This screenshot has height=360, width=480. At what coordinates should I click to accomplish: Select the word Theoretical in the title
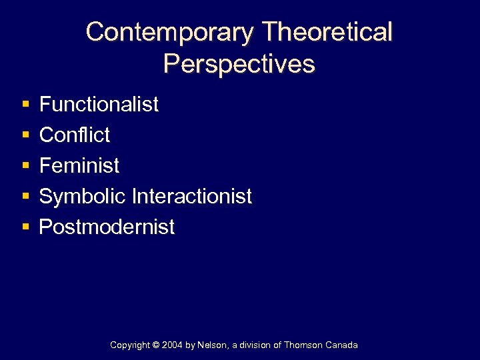point(327,32)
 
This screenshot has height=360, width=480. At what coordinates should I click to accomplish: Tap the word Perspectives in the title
point(239,64)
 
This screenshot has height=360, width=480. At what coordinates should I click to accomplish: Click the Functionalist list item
point(99,104)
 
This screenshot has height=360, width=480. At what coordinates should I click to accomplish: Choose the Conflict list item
point(75,135)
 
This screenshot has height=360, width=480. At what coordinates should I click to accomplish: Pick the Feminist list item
point(79,165)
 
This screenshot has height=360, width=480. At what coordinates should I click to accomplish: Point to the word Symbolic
point(83,196)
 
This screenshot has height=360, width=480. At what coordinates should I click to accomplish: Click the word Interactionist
point(192,196)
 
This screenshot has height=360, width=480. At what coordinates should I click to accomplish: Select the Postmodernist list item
point(107,227)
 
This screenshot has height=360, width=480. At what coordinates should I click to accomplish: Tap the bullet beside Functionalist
point(25,105)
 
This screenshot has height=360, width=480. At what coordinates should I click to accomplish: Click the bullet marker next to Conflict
point(25,135)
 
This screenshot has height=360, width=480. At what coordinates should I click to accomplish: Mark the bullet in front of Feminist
point(25,166)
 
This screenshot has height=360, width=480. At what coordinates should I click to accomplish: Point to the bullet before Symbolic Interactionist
point(25,197)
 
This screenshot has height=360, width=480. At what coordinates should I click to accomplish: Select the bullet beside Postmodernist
point(25,227)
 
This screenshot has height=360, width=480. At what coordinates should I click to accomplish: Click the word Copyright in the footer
point(130,345)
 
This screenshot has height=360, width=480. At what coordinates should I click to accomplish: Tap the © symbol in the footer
point(157,345)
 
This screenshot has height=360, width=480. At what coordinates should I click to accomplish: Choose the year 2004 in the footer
point(173,345)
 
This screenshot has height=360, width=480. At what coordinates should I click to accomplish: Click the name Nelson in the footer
point(213,345)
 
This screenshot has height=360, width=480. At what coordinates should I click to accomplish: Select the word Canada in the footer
point(343,345)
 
